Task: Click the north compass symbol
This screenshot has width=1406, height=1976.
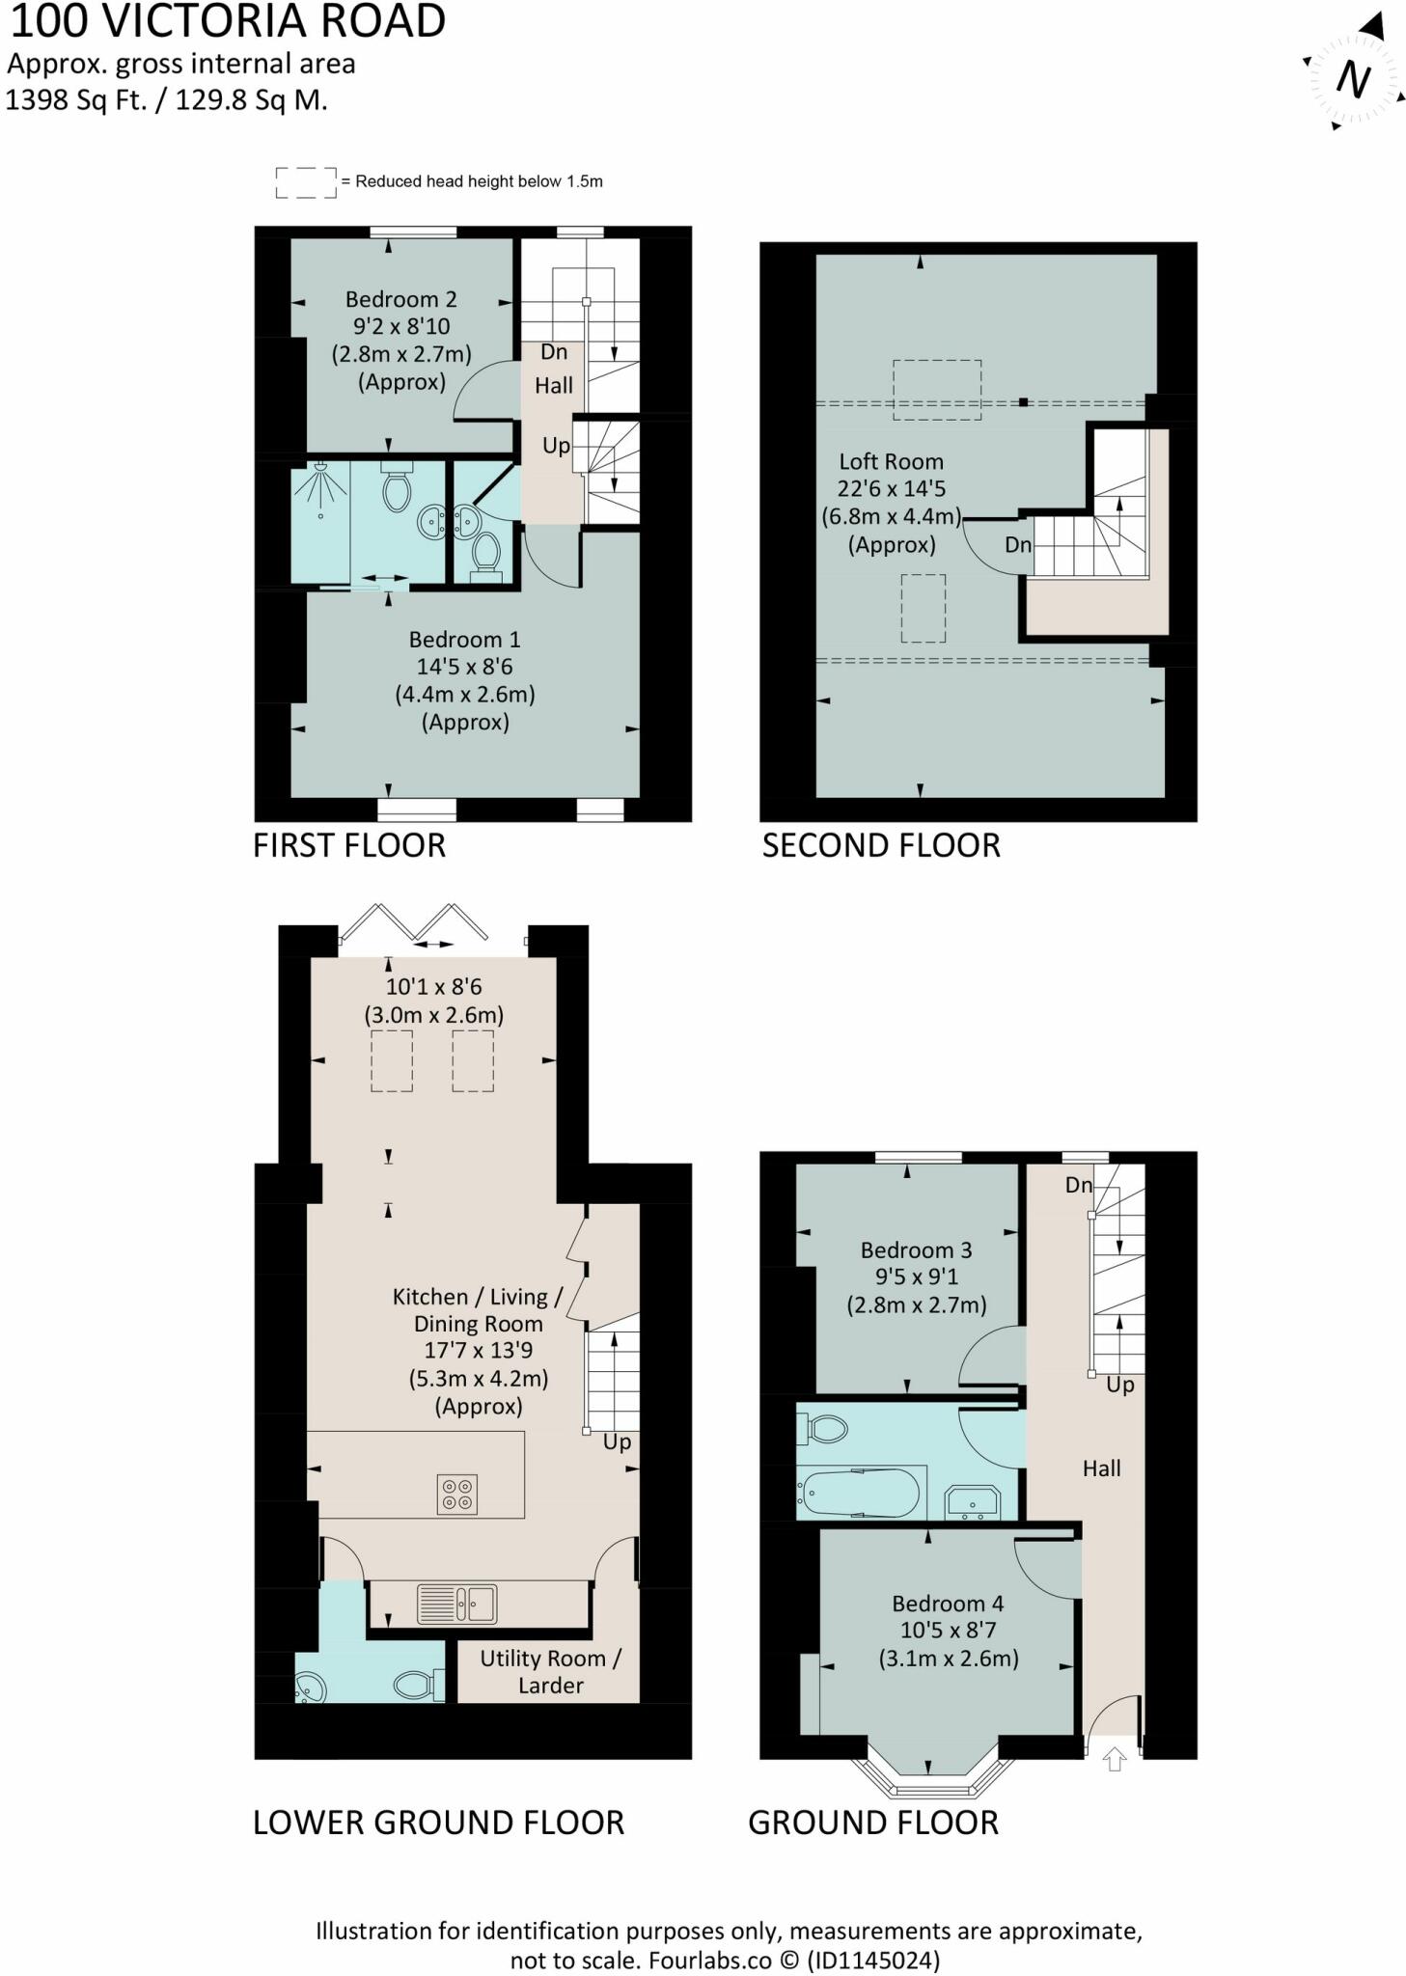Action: tap(1353, 79)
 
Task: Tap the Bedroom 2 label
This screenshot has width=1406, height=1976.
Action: tap(400, 300)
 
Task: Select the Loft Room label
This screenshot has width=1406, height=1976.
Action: tap(890, 462)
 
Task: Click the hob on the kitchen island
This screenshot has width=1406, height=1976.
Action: tap(456, 1494)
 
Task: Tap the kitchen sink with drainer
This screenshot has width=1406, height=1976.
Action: tap(456, 1604)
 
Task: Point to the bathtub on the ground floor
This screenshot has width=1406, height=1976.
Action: tap(858, 1494)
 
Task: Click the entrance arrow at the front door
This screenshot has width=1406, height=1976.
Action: tap(1114, 1759)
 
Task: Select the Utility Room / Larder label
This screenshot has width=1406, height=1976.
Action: tap(550, 1671)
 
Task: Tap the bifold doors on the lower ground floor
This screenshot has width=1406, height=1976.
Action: tap(415, 924)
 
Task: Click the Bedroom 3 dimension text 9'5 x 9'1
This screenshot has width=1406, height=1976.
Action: tap(916, 1277)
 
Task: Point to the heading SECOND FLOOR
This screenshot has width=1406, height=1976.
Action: tap(880, 845)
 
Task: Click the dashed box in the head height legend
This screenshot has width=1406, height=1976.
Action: tap(306, 182)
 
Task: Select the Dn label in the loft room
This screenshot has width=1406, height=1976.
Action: tap(1017, 544)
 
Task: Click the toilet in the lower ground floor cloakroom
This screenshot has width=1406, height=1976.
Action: tap(416, 1685)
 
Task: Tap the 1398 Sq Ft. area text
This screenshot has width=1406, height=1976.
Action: tap(76, 100)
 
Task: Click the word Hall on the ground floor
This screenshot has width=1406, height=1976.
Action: tap(1101, 1468)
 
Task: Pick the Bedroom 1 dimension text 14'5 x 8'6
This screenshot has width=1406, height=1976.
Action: tap(464, 667)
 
